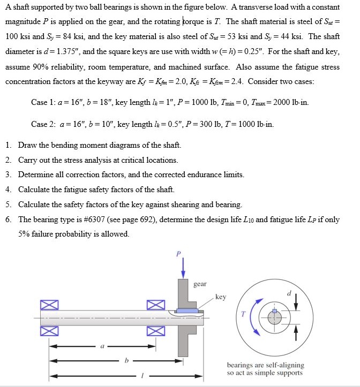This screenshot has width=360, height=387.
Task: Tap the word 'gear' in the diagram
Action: coord(200,284)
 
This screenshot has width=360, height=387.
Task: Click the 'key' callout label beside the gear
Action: coord(221,297)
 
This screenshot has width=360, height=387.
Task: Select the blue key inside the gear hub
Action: coord(187,311)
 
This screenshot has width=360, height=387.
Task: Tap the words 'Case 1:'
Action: coord(43,102)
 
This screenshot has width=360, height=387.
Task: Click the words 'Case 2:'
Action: coord(43,124)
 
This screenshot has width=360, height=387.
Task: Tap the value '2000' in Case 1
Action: coord(283,102)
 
